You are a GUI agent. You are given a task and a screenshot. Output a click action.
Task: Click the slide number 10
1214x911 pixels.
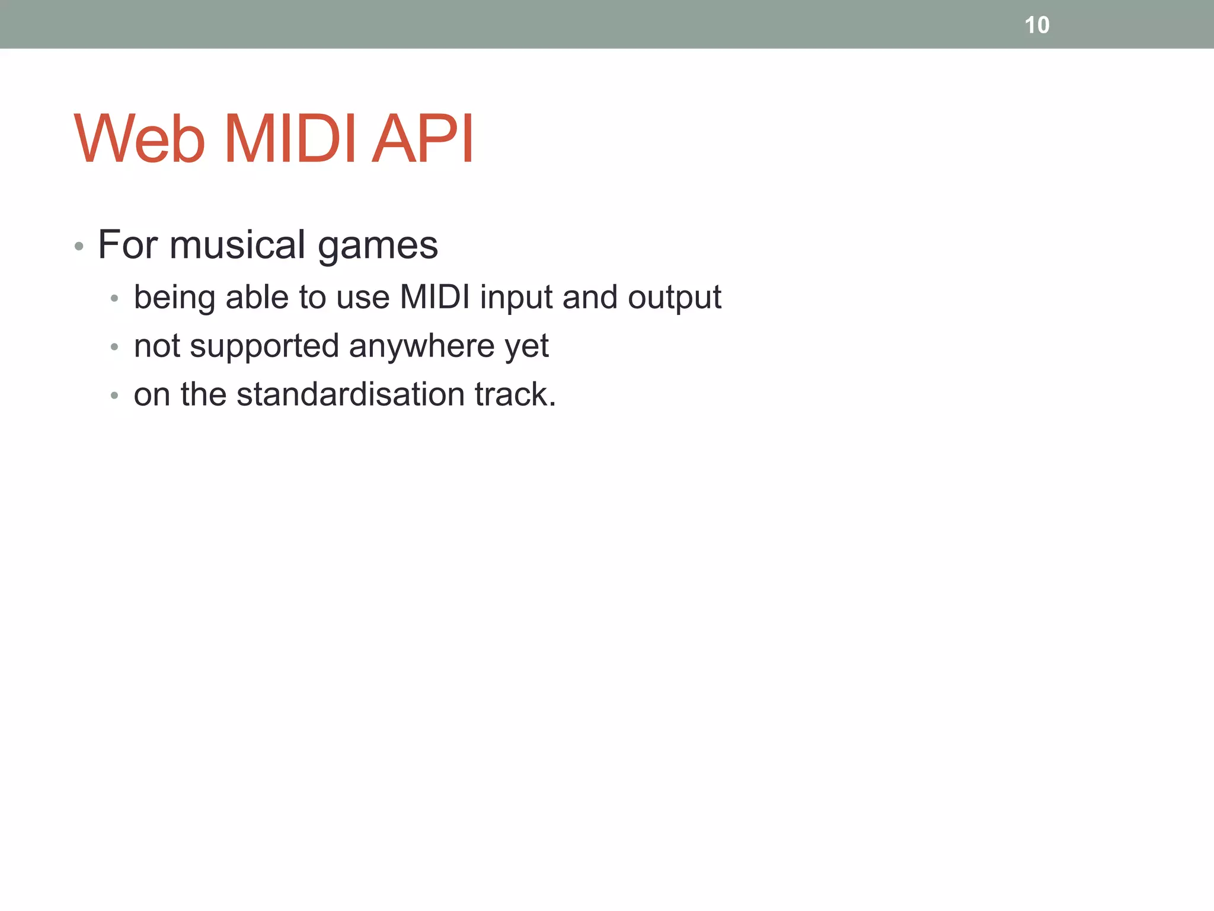point(1037,26)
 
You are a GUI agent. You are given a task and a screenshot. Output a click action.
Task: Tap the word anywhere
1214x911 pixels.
point(421,347)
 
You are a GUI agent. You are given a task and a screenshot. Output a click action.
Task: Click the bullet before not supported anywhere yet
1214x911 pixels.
point(114,347)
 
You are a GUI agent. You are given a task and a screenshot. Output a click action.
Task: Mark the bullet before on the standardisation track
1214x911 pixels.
point(114,395)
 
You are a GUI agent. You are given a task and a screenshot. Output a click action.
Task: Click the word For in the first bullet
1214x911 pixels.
point(127,244)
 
